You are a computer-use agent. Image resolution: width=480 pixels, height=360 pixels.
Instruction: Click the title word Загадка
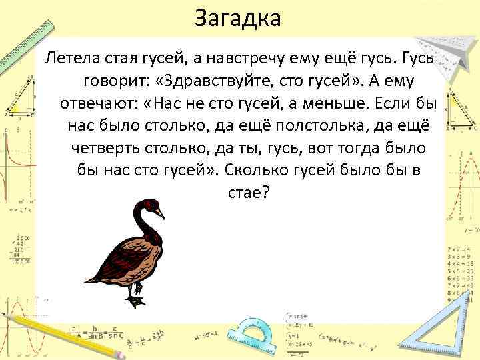[x=239, y=18]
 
